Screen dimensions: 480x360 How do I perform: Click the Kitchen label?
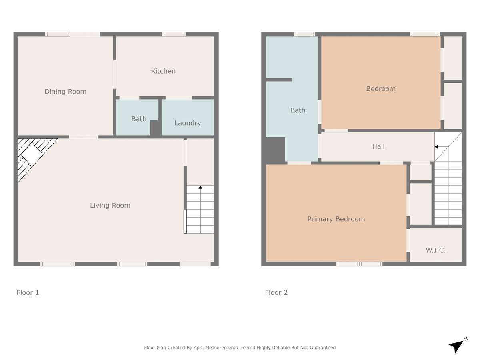click(163, 71)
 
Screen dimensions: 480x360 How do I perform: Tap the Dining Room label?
click(65, 92)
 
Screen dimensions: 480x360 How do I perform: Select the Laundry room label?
click(188, 123)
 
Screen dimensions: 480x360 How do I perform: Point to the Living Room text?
click(110, 206)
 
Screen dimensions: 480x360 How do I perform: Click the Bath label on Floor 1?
click(139, 119)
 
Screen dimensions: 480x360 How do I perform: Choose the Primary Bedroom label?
click(336, 219)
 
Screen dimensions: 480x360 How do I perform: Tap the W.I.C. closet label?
click(436, 250)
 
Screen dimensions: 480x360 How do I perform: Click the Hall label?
click(378, 146)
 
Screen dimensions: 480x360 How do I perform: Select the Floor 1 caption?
click(28, 292)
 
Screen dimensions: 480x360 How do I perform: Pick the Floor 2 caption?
click(276, 292)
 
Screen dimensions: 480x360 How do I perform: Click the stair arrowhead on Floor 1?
click(200, 187)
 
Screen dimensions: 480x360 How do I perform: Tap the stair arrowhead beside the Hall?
click(436, 147)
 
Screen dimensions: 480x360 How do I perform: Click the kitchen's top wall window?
click(174, 34)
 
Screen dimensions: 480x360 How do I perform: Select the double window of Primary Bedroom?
click(359, 264)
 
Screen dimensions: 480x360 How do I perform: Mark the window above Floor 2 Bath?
click(305, 34)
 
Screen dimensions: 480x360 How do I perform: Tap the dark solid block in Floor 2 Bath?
click(275, 150)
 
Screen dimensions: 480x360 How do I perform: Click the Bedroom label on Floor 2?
click(381, 89)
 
